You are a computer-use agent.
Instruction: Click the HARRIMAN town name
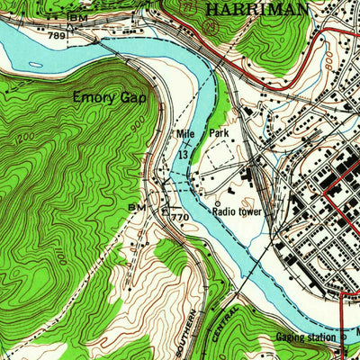tap(256, 8)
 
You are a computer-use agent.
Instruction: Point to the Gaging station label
tap(304, 338)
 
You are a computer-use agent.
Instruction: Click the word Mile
tap(184, 135)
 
